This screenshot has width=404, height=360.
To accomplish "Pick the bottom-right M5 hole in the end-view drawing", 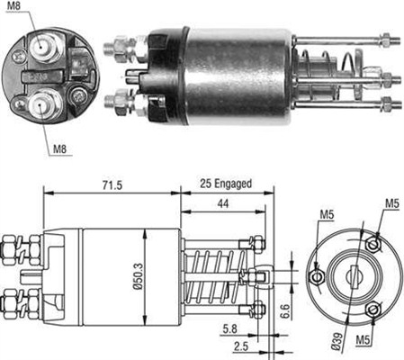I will pos(373,310).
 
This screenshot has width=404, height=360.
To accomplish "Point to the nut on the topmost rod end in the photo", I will pos(384,39).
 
